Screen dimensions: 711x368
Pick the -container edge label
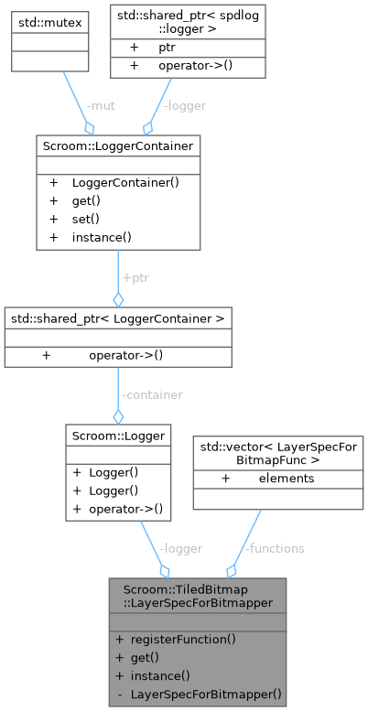click(151, 394)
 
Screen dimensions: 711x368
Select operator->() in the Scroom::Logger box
click(126, 509)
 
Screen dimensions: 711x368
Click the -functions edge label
click(276, 548)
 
